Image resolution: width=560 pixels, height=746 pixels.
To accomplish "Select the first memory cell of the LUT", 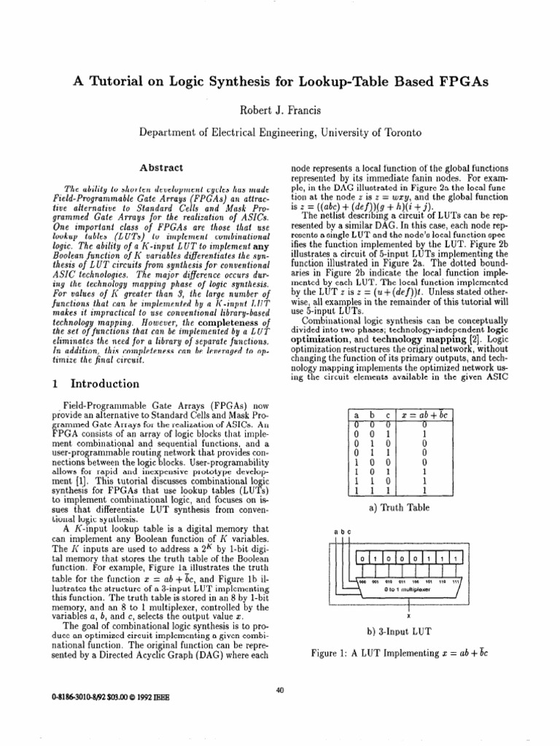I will coord(362,578).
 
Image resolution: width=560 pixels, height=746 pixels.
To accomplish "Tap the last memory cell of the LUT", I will coord(456,578).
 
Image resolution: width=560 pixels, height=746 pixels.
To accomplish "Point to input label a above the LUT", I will coord(336,552).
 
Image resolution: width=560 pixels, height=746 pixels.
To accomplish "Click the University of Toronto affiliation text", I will coord(367,133).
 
